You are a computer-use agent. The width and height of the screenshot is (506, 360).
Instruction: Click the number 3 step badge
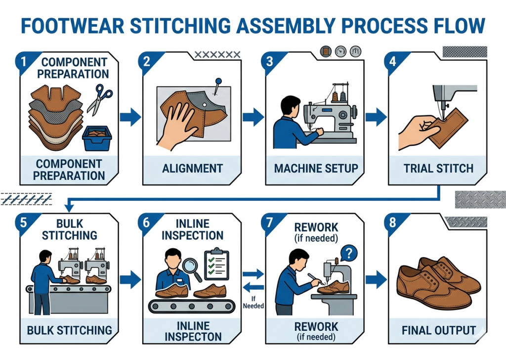point(270,62)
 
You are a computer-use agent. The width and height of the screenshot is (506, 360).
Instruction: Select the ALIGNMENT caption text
point(192,168)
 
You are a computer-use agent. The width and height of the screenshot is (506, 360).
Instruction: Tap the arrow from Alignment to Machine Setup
point(253,117)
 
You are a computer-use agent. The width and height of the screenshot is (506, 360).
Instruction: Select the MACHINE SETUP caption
point(316,168)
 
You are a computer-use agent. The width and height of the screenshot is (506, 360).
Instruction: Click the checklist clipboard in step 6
point(215,259)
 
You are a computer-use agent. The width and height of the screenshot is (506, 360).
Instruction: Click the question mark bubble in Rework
point(349,254)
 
